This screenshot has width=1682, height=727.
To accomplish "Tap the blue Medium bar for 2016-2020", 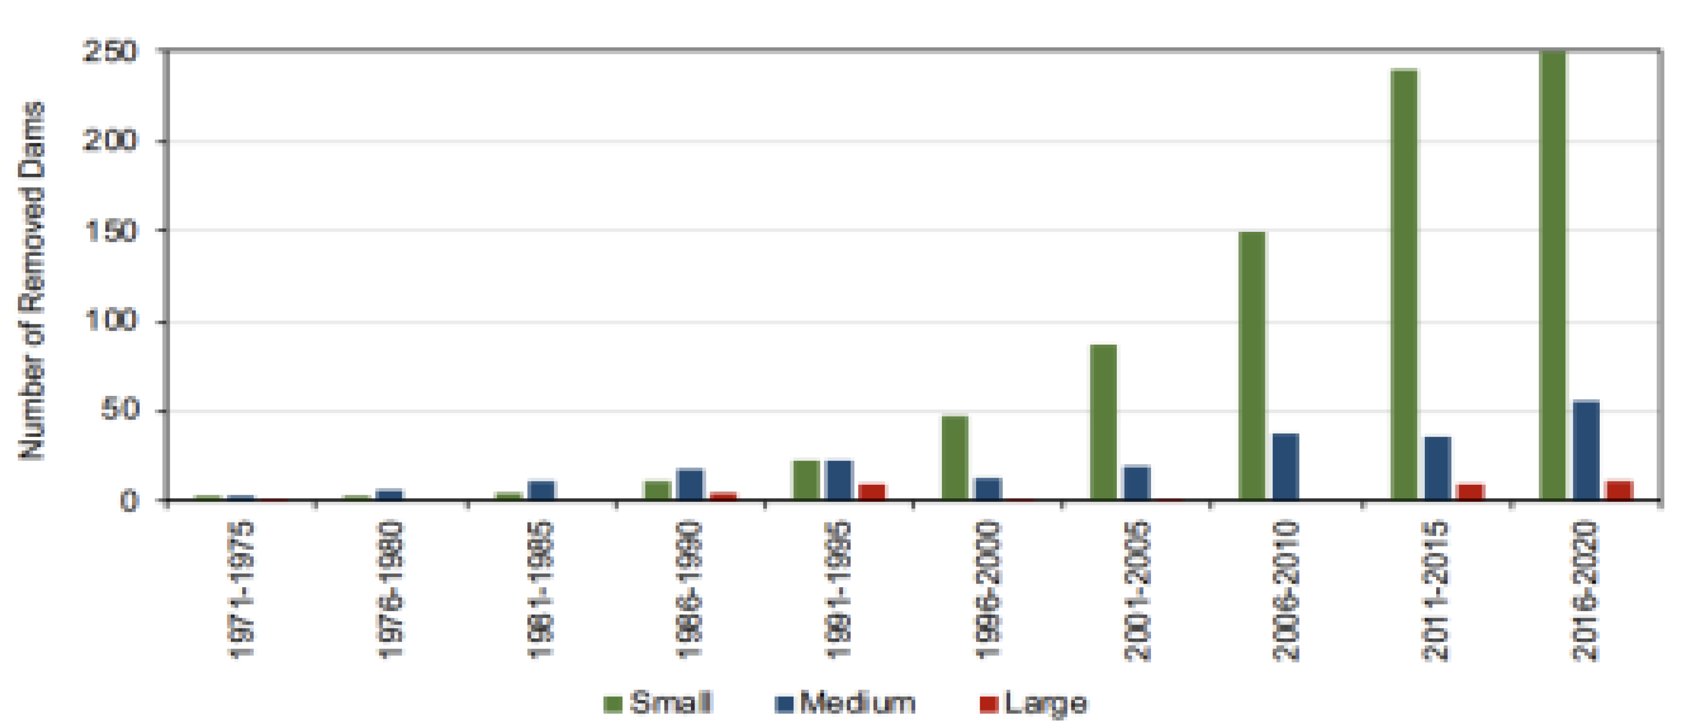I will pyautogui.click(x=1586, y=450).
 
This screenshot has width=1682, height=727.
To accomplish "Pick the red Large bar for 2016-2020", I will pyautogui.click(x=1619, y=490).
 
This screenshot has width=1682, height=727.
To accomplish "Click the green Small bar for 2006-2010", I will pyautogui.click(x=1252, y=365).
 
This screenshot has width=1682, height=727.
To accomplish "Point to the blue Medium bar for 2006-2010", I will pyautogui.click(x=1285, y=467).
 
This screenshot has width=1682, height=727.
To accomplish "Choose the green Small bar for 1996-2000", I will pyautogui.click(x=955, y=457).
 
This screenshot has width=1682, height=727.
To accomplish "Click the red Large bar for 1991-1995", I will pyautogui.click(x=872, y=492).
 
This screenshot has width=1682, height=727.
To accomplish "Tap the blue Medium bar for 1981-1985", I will pyautogui.click(x=541, y=490).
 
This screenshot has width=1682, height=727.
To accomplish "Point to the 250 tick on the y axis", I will pyautogui.click(x=110, y=52).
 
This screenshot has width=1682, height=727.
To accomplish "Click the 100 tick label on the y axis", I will pyautogui.click(x=110, y=321).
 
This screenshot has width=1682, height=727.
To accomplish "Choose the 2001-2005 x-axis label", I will pyautogui.click(x=1137, y=590).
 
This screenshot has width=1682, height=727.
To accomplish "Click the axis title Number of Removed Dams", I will pyautogui.click(x=31, y=280).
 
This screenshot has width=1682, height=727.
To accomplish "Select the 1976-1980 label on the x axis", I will pyautogui.click(x=390, y=590).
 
